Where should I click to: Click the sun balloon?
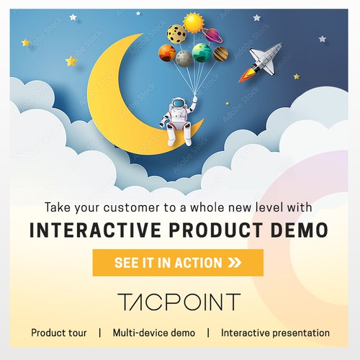coord(194,23)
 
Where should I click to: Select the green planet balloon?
coord(202,53)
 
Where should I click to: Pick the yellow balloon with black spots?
coord(176,34)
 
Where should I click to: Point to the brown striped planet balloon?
coord(221,54)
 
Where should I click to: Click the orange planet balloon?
coord(167,53)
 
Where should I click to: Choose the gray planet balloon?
coord(184,58)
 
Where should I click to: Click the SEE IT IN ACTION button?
coord(178,263)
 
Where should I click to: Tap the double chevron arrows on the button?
coord(234,263)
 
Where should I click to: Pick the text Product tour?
coord(59,333)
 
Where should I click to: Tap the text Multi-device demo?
coord(153,333)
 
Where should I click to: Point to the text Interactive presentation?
coord(275,333)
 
